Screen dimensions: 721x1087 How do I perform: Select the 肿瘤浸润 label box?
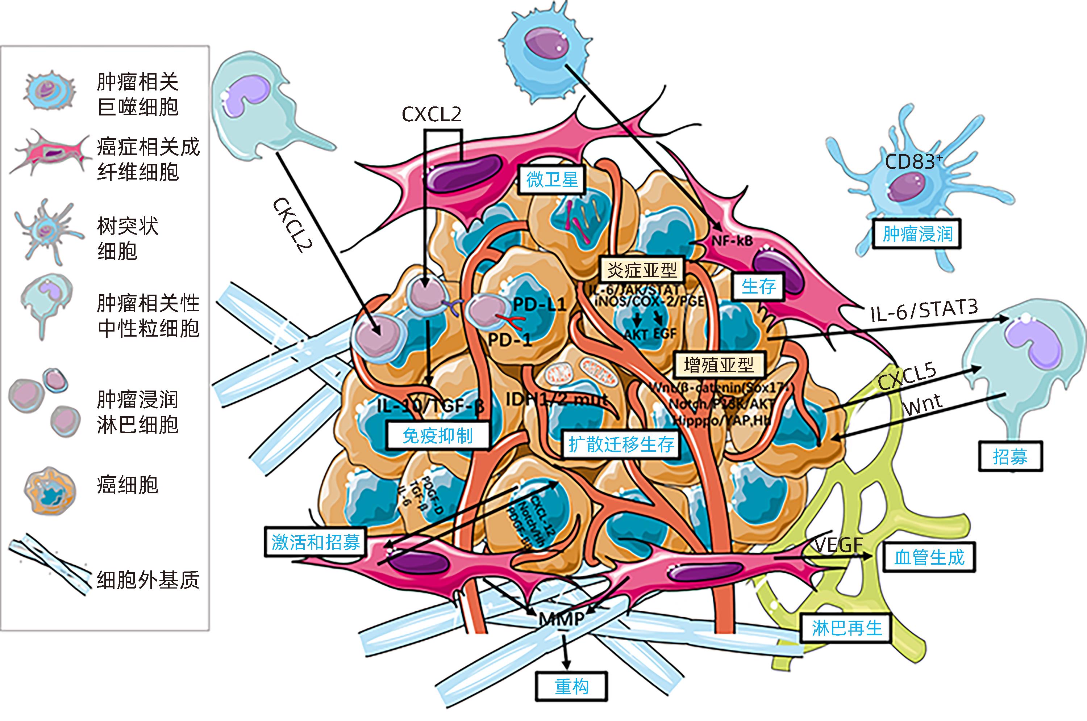(x=917, y=234)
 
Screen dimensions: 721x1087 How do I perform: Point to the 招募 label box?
(x=1010, y=457)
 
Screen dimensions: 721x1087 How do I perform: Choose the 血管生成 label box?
(x=929, y=557)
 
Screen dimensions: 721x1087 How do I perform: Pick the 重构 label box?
(x=571, y=687)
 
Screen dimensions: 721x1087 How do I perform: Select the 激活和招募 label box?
(x=315, y=542)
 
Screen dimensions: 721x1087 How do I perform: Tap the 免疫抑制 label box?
(x=437, y=435)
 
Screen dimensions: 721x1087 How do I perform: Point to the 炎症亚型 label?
(x=642, y=270)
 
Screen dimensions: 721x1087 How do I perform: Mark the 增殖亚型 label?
(x=719, y=365)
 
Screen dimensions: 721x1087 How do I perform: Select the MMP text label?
(x=562, y=619)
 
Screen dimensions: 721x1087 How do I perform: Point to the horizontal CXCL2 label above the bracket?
(x=431, y=114)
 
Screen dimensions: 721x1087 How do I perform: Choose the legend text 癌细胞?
(x=128, y=485)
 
